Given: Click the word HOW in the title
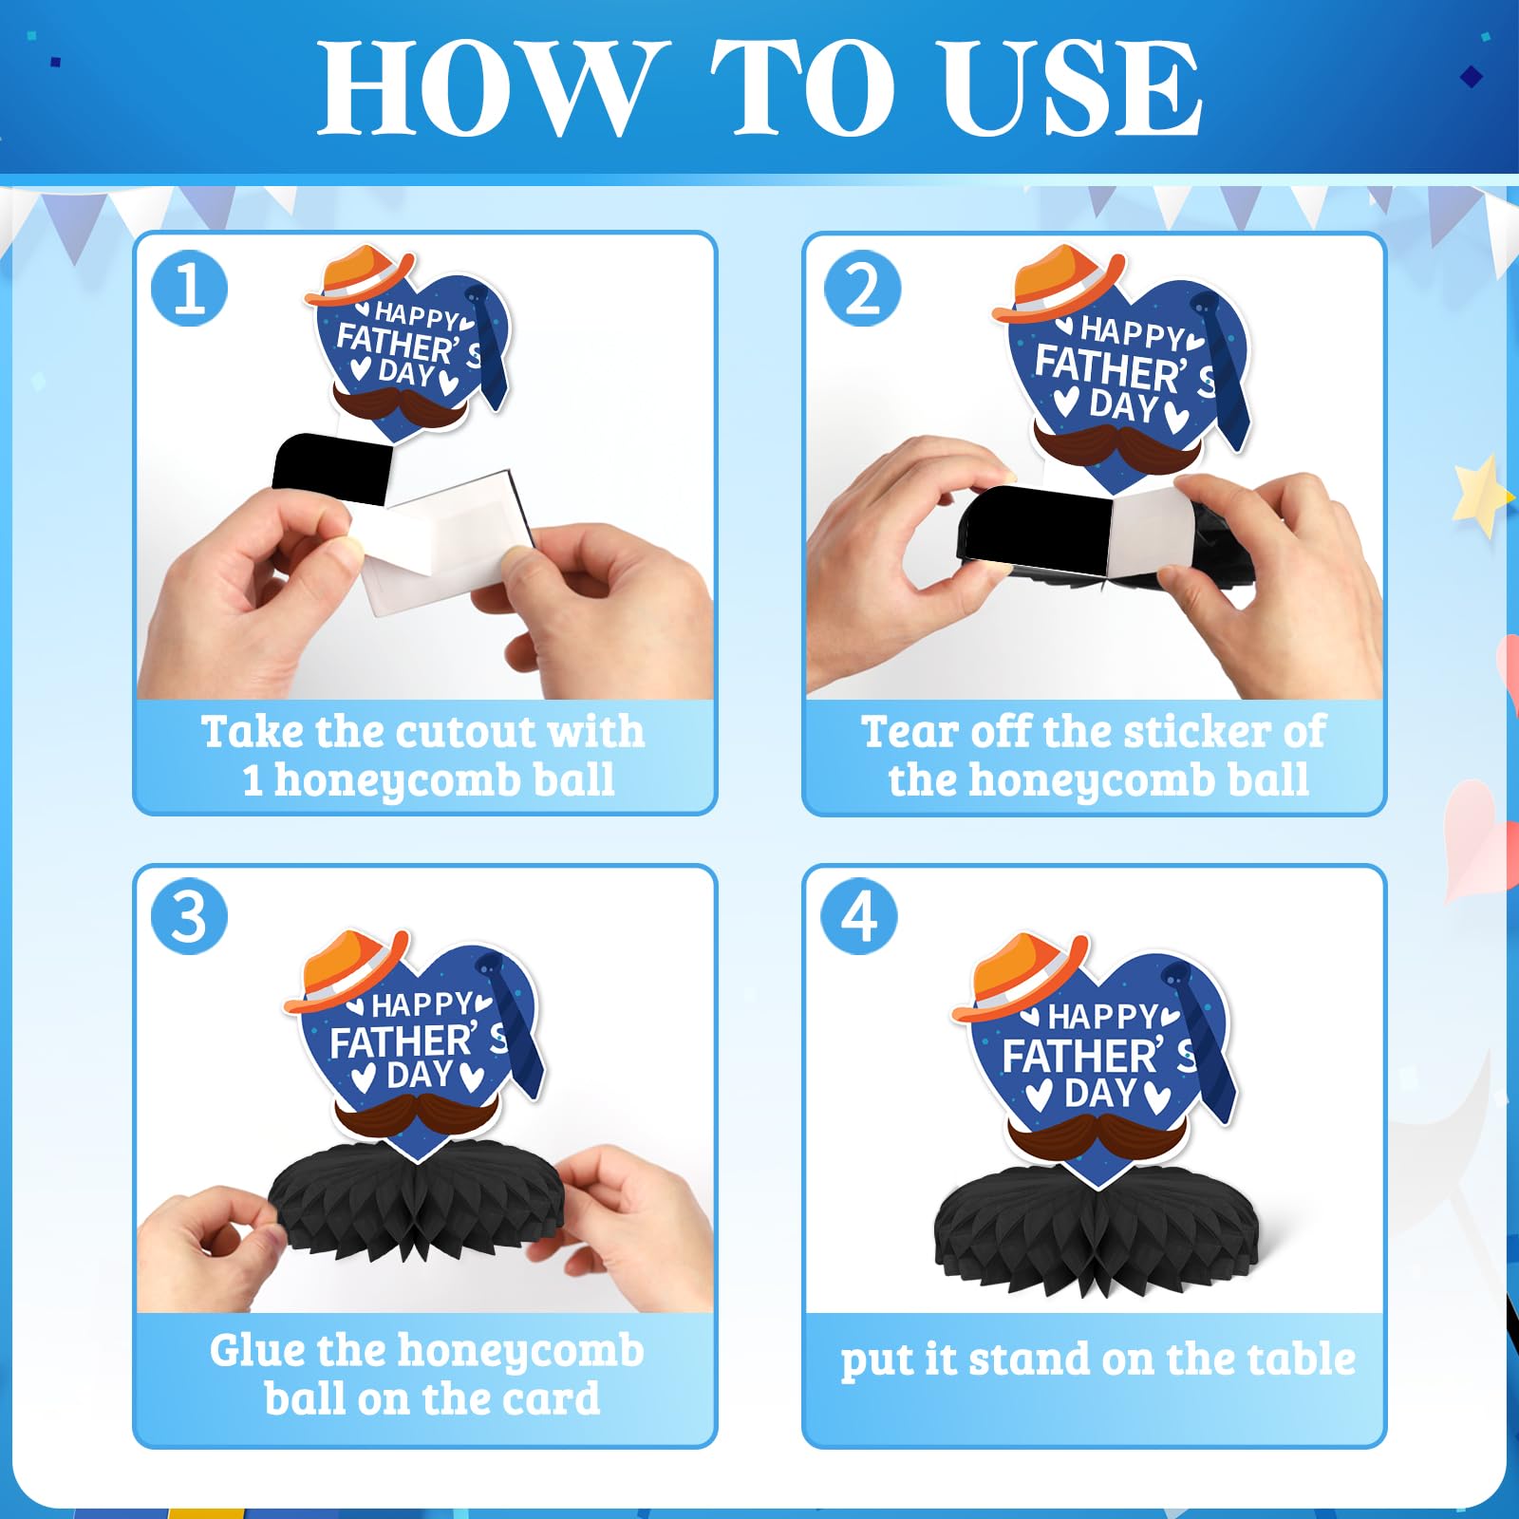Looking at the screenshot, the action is point(487,88).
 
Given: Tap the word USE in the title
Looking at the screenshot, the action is point(1072,88).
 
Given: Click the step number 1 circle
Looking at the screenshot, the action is point(190,289).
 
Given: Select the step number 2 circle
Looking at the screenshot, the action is point(862,289).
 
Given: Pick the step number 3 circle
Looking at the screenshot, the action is point(190,917).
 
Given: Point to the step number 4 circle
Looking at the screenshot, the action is point(860,917).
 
